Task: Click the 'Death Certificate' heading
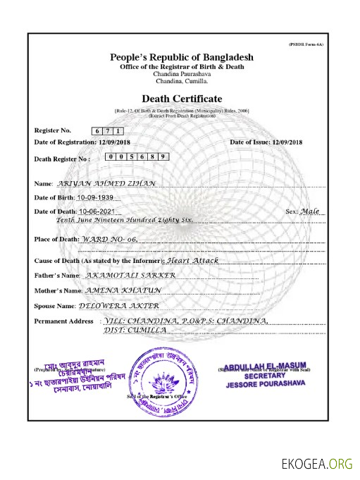pyautogui.click(x=182, y=98)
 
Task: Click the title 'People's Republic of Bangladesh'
pyautogui.click(x=182, y=56)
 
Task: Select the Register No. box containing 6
pyautogui.click(x=97, y=131)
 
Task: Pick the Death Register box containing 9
pyautogui.click(x=163, y=156)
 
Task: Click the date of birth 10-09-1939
pyautogui.click(x=94, y=197)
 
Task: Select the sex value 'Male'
pyautogui.click(x=310, y=211)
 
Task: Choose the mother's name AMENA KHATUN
pyautogui.click(x=114, y=290)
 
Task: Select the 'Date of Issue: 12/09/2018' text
pyautogui.click(x=266, y=142)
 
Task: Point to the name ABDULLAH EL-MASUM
pyautogui.click(x=266, y=365)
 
